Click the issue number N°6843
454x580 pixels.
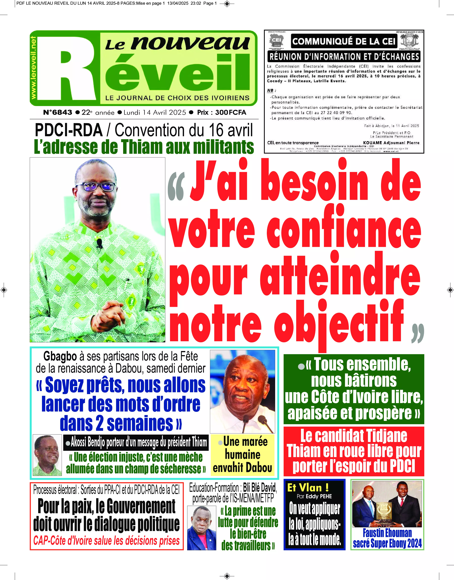tap(58, 112)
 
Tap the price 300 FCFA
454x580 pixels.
tap(230, 112)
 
